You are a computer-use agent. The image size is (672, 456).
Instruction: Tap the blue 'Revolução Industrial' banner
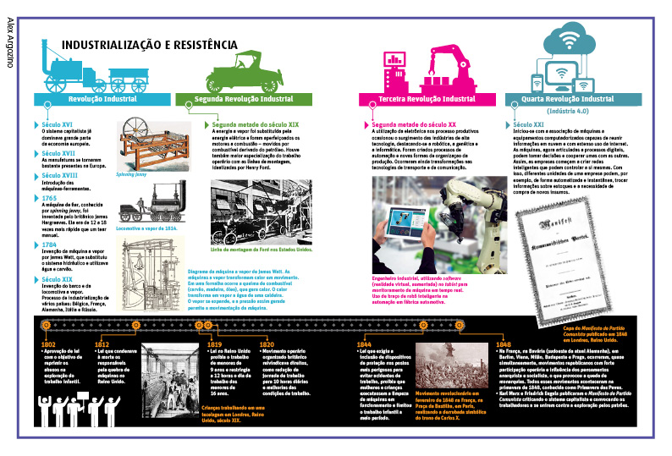[x=102, y=99]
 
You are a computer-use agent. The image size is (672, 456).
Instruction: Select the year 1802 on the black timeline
[x=48, y=345]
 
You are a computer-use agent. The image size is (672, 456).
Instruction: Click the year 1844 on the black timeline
[x=364, y=345]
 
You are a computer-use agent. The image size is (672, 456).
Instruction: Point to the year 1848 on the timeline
[x=504, y=345]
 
